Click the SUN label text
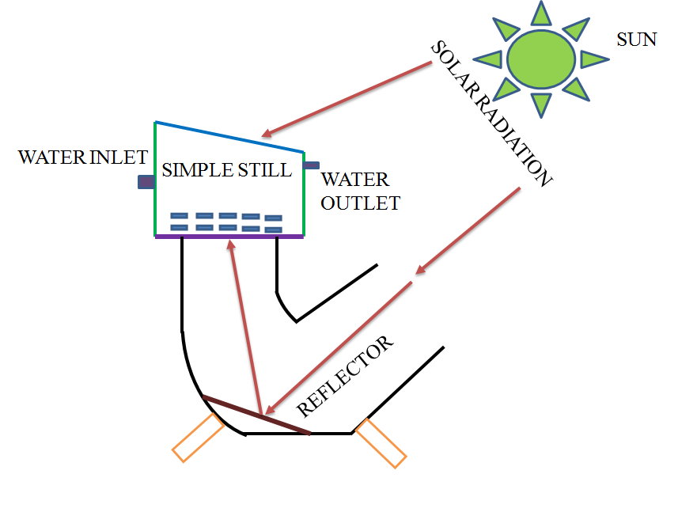636,39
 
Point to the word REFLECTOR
345,377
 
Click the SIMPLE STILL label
226,170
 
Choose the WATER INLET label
82,157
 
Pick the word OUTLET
360,203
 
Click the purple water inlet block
146,182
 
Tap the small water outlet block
312,165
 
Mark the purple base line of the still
229,236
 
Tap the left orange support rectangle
199,437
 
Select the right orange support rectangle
381,443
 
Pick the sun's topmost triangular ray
541,13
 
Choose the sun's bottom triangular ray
541,103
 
